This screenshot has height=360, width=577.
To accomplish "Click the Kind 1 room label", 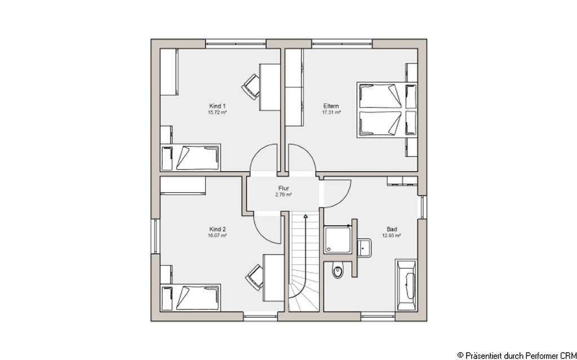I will pos(217,105).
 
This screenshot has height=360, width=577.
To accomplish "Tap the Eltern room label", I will pos(331,105).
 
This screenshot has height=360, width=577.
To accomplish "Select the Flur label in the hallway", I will pos(283,188).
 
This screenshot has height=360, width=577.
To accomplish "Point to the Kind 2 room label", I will pos(217,229).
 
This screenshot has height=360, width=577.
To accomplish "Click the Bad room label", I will pos(392,229).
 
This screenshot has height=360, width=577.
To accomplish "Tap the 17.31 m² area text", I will pos(331,112).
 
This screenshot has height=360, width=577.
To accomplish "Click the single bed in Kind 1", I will pos(191,157).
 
